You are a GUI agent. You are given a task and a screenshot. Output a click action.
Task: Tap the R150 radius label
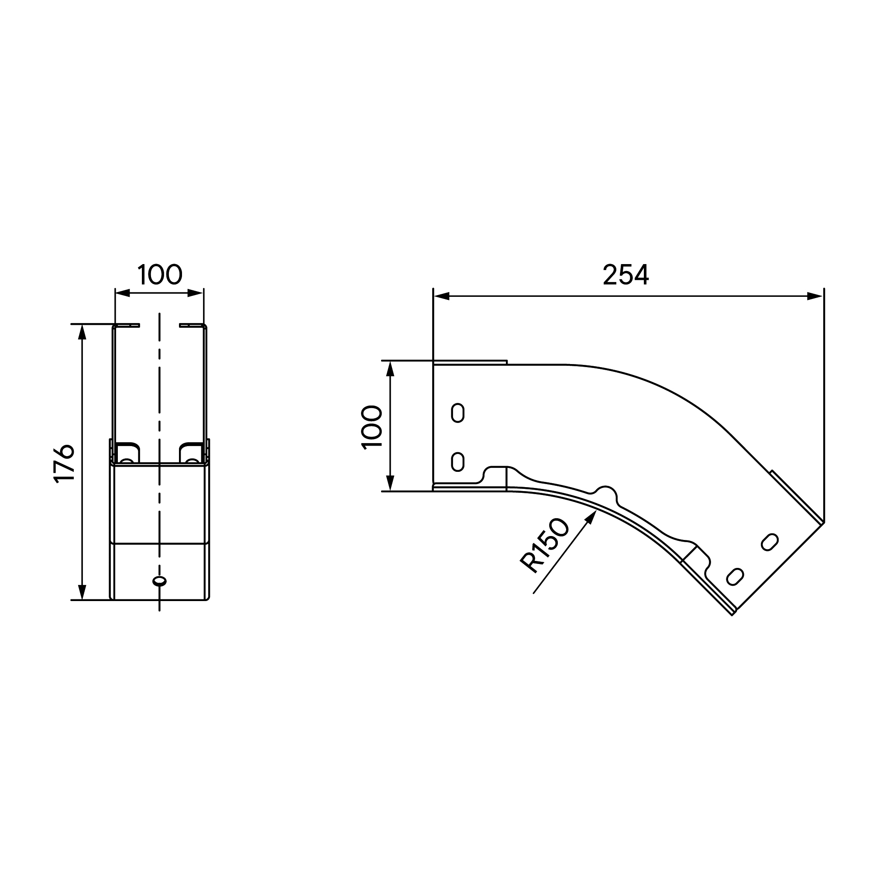[544, 546]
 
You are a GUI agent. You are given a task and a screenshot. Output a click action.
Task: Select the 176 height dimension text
[64, 464]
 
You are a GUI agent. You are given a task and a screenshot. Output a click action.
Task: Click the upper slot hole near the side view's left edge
[458, 412]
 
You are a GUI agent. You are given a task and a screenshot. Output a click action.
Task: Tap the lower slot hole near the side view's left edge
[458, 462]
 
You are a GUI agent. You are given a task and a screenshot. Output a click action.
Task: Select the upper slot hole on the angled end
[770, 542]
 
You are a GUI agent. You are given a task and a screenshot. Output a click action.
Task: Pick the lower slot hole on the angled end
[735, 577]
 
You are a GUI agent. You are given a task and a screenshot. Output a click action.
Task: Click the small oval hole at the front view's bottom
[159, 581]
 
